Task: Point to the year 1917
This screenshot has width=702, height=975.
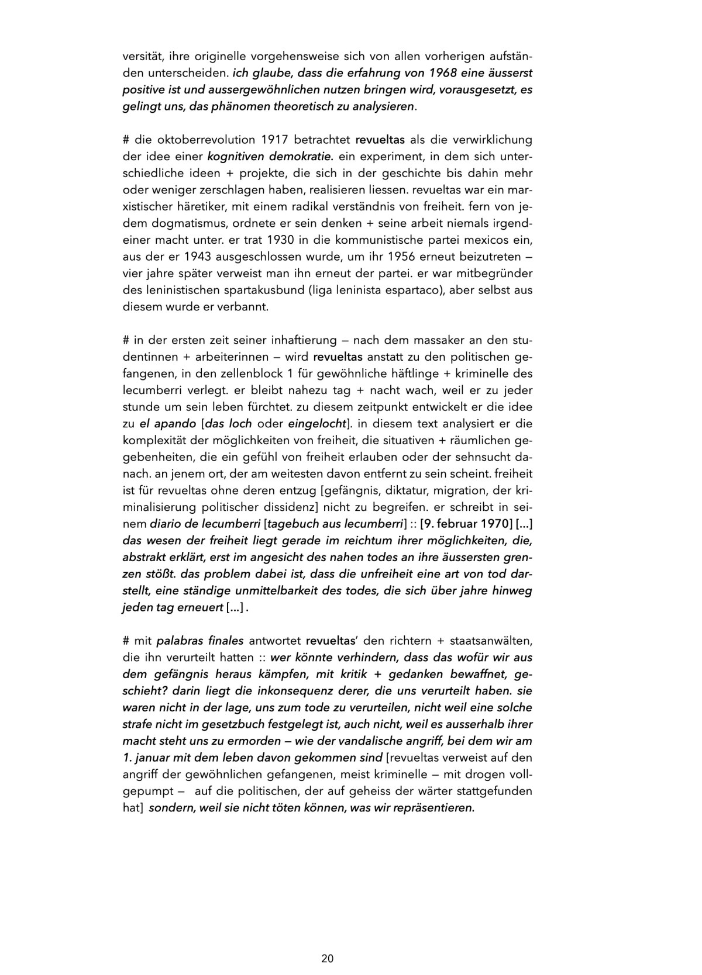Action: point(274,140)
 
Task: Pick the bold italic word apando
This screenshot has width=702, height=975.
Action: point(174,424)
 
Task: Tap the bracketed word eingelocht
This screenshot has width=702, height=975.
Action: point(316,424)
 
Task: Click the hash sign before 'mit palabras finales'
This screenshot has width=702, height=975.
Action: point(126,641)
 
